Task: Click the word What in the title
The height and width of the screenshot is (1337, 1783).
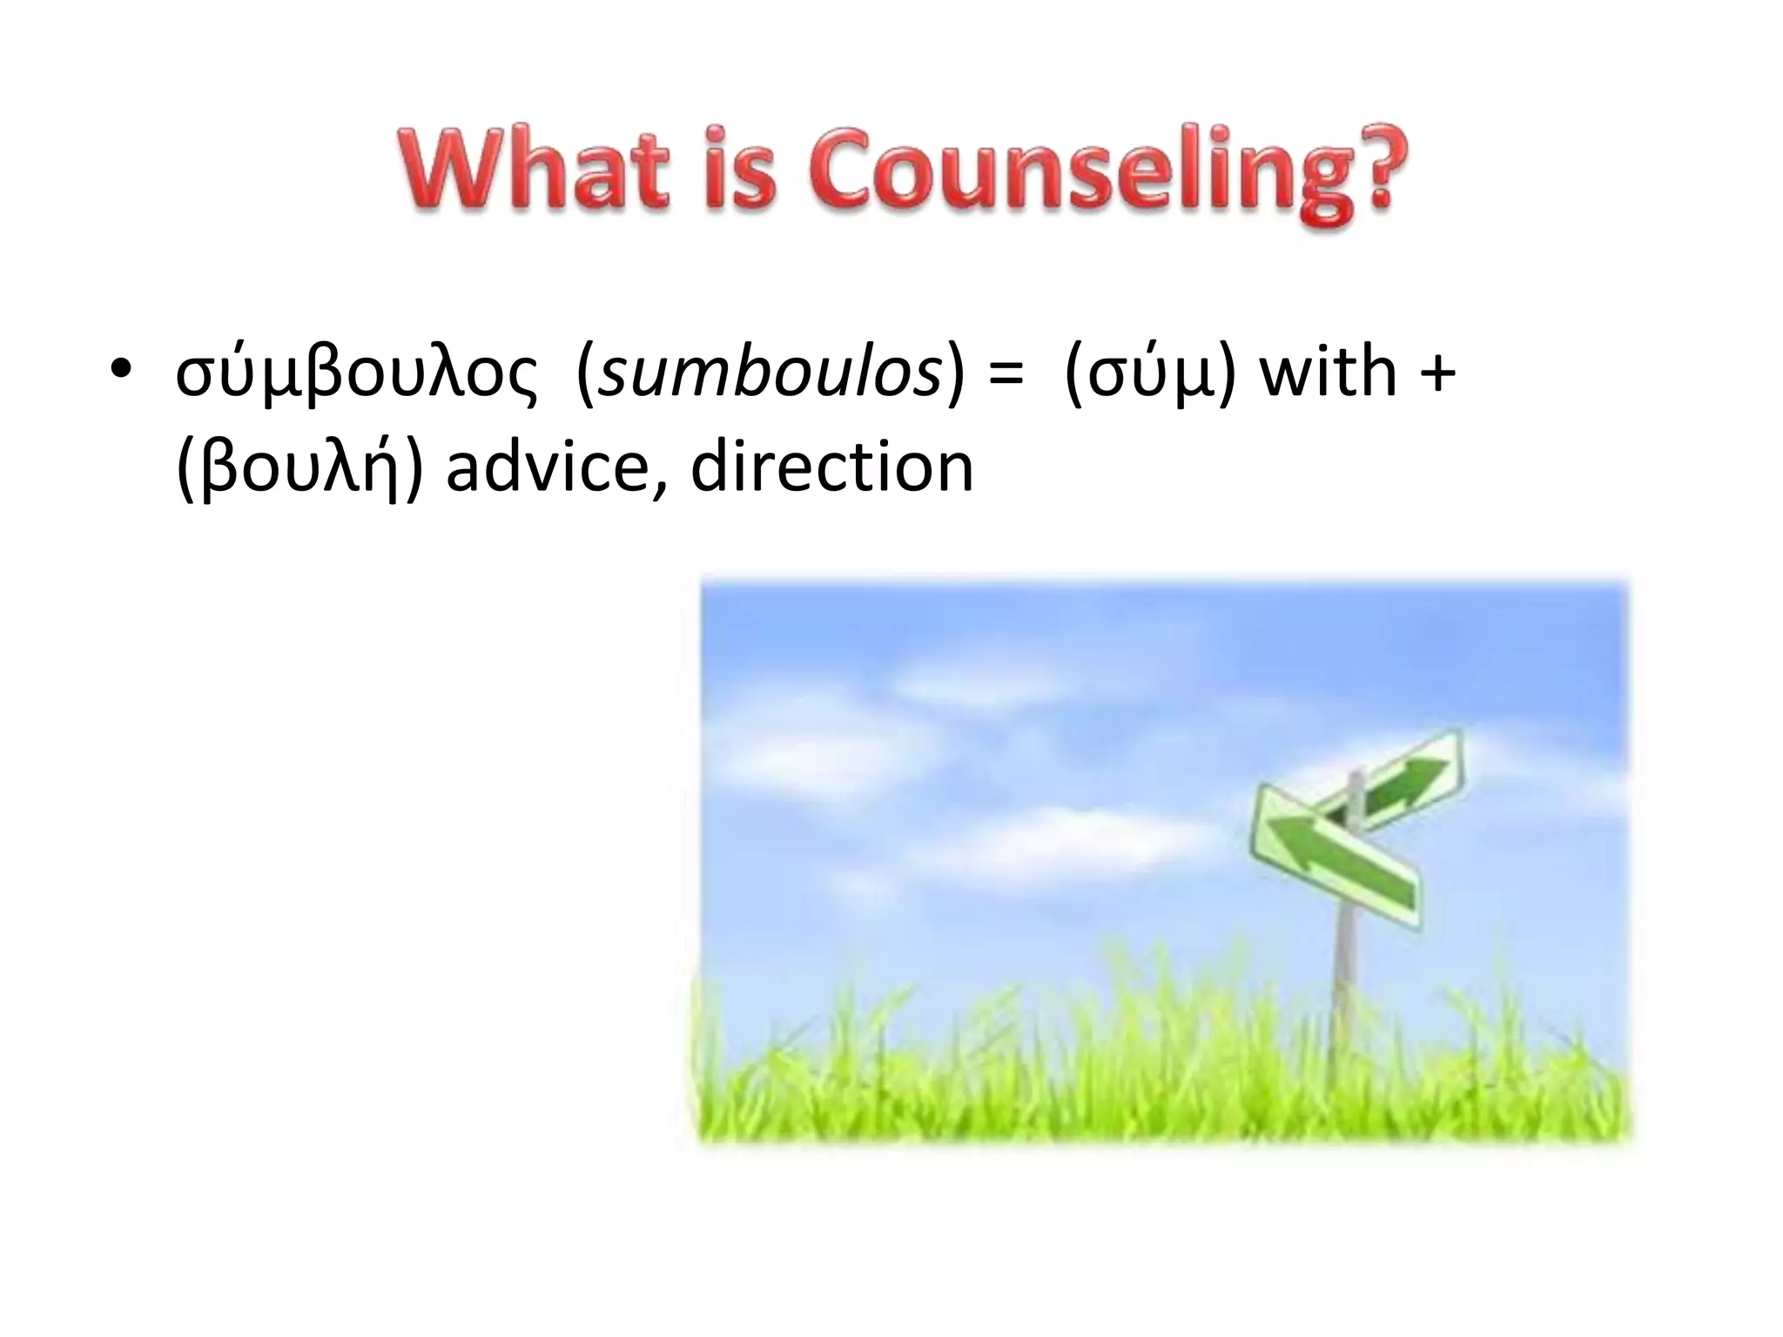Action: click(533, 170)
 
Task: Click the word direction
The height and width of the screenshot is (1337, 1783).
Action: click(831, 467)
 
